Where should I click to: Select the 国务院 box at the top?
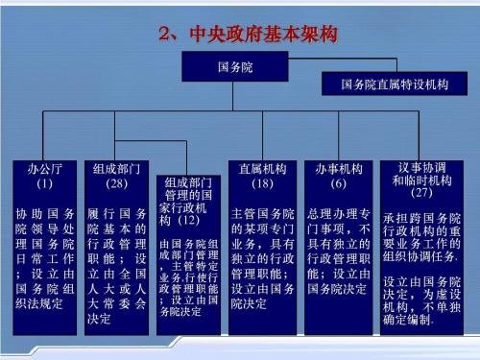tap(238, 68)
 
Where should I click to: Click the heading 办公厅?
tap(43, 168)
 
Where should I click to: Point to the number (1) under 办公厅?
tap(43, 182)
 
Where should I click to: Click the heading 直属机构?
tap(262, 168)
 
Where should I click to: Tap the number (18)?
tap(262, 182)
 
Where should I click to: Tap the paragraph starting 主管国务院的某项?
tap(262, 253)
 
